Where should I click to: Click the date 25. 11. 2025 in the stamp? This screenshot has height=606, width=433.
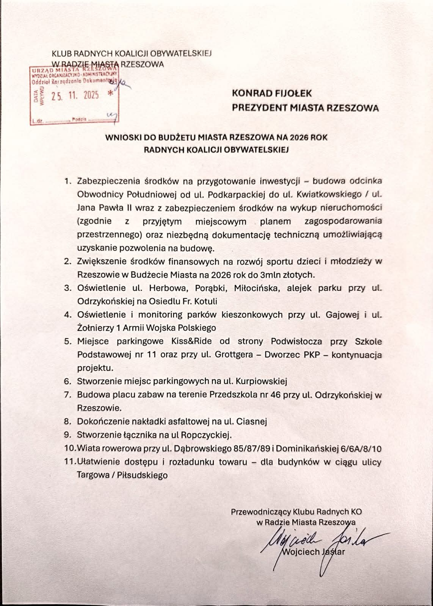(75, 96)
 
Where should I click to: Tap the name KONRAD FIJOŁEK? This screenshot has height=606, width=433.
(271, 93)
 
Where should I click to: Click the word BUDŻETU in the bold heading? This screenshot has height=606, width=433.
(172, 137)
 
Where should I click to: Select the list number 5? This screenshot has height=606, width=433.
(68, 341)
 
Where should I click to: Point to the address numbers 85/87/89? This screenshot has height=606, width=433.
(251, 449)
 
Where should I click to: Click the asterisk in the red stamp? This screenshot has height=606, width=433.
(110, 94)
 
